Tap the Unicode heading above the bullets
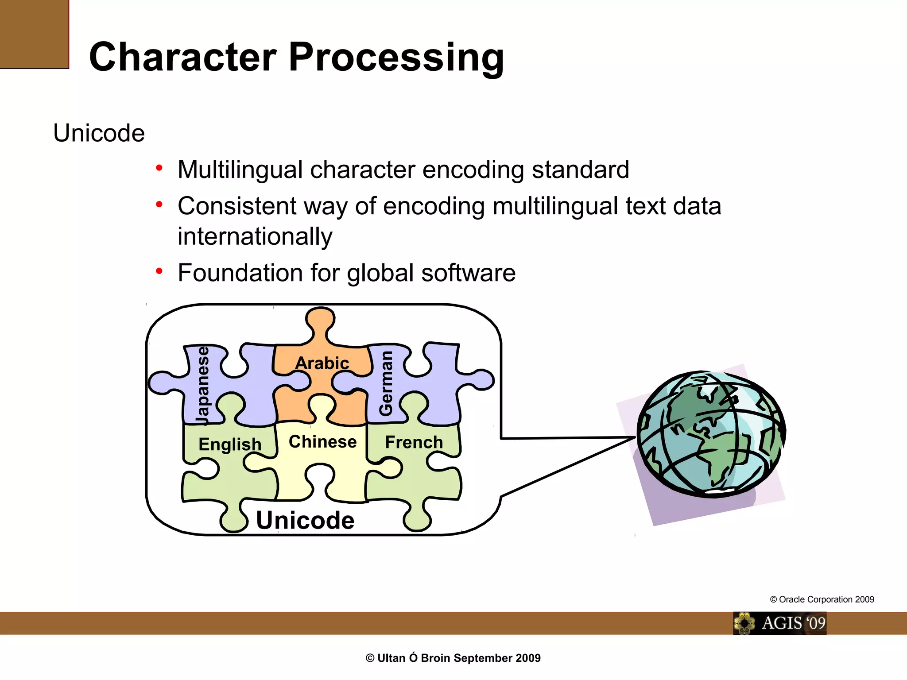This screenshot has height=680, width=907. tap(99, 133)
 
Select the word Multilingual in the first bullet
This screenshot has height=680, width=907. tap(240, 170)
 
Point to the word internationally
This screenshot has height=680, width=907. tap(255, 236)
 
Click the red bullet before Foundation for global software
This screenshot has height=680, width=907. tap(159, 270)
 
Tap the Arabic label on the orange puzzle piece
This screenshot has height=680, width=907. tap(322, 363)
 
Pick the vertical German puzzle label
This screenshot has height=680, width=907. tap(386, 383)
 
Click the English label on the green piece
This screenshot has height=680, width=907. tap(230, 444)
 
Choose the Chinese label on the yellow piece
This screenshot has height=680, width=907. tap(322, 442)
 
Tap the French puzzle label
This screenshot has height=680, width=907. tap(414, 442)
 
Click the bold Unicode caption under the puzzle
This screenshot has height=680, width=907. tap(305, 520)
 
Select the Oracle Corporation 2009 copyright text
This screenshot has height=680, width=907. tap(822, 599)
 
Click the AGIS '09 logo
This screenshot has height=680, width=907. tap(779, 623)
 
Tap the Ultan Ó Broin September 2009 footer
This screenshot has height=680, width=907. tap(453, 658)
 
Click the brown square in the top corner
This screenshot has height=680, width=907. tap(34, 34)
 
